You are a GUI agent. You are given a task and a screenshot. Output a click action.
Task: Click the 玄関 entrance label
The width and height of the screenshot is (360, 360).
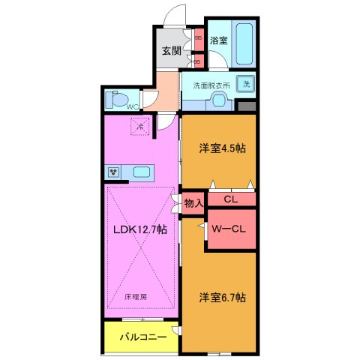(171, 51)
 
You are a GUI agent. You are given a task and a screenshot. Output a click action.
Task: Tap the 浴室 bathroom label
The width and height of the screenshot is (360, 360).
(218, 41)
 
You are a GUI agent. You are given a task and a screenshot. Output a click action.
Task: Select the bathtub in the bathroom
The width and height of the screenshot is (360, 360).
(244, 43)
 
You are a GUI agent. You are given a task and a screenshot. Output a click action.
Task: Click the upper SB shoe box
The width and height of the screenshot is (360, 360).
(198, 35)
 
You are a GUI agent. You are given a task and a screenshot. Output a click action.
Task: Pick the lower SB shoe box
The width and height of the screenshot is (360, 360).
(198, 61)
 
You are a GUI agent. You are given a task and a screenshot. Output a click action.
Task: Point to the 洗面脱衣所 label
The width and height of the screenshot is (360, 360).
(211, 84)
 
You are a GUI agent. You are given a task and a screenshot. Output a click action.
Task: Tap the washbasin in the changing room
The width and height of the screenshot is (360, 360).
(219, 98)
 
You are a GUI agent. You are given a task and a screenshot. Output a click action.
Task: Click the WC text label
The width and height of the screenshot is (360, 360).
(132, 107)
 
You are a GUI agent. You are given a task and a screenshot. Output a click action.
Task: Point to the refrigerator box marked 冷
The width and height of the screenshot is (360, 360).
(139, 127)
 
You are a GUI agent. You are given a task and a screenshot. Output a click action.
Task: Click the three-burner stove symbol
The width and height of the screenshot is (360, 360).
(115, 172)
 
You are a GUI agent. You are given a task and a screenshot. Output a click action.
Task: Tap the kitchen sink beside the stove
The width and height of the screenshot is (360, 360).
(142, 172)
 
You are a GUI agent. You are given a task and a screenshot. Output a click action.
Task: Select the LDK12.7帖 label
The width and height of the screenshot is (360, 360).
(139, 230)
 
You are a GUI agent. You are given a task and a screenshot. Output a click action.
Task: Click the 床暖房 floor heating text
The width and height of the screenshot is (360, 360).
(136, 296)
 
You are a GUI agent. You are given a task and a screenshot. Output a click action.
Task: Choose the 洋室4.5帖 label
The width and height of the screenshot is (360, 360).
(220, 148)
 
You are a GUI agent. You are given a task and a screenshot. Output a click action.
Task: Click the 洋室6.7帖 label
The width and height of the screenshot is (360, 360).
(222, 298)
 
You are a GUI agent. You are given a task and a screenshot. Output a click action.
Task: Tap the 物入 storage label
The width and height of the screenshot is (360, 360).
(193, 202)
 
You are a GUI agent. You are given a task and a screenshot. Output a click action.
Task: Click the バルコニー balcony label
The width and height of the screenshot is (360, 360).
(142, 337)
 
